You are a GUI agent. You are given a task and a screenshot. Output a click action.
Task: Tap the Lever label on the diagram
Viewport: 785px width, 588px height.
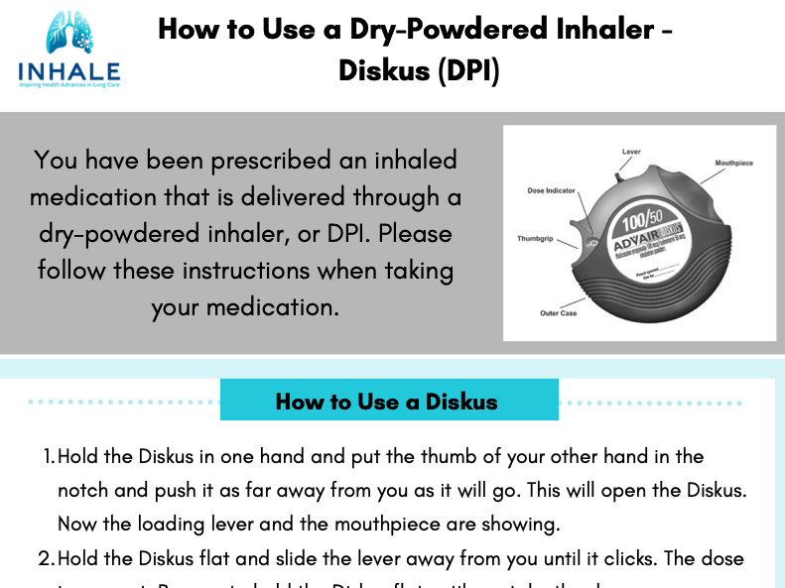tap(631, 152)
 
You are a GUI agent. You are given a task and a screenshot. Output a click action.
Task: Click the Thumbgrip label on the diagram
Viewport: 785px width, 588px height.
tap(534, 238)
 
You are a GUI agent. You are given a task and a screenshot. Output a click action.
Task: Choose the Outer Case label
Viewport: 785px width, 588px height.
tap(559, 313)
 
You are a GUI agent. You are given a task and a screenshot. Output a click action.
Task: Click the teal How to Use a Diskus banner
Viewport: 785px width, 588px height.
tap(388, 401)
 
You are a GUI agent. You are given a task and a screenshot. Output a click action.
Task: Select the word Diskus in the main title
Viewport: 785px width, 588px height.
tap(385, 71)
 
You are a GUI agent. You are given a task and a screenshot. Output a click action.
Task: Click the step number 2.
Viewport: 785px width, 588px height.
tap(46, 558)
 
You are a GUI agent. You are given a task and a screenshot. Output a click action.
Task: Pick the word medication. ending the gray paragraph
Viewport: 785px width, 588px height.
tap(269, 306)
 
